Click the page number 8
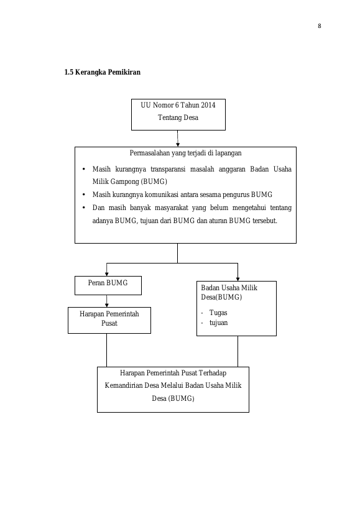320,26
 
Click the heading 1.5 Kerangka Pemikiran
102,72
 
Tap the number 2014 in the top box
208,105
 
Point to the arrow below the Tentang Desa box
178,139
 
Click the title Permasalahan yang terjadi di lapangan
185,153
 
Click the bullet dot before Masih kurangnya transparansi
84,169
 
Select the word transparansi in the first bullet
168,169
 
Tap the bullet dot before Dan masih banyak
84,208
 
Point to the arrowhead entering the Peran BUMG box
106,274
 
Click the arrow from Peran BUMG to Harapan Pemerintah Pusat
106,301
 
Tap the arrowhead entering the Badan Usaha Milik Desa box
238,279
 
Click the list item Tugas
218,313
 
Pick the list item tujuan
218,323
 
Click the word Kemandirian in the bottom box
124,385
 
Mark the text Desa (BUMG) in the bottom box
173,398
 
